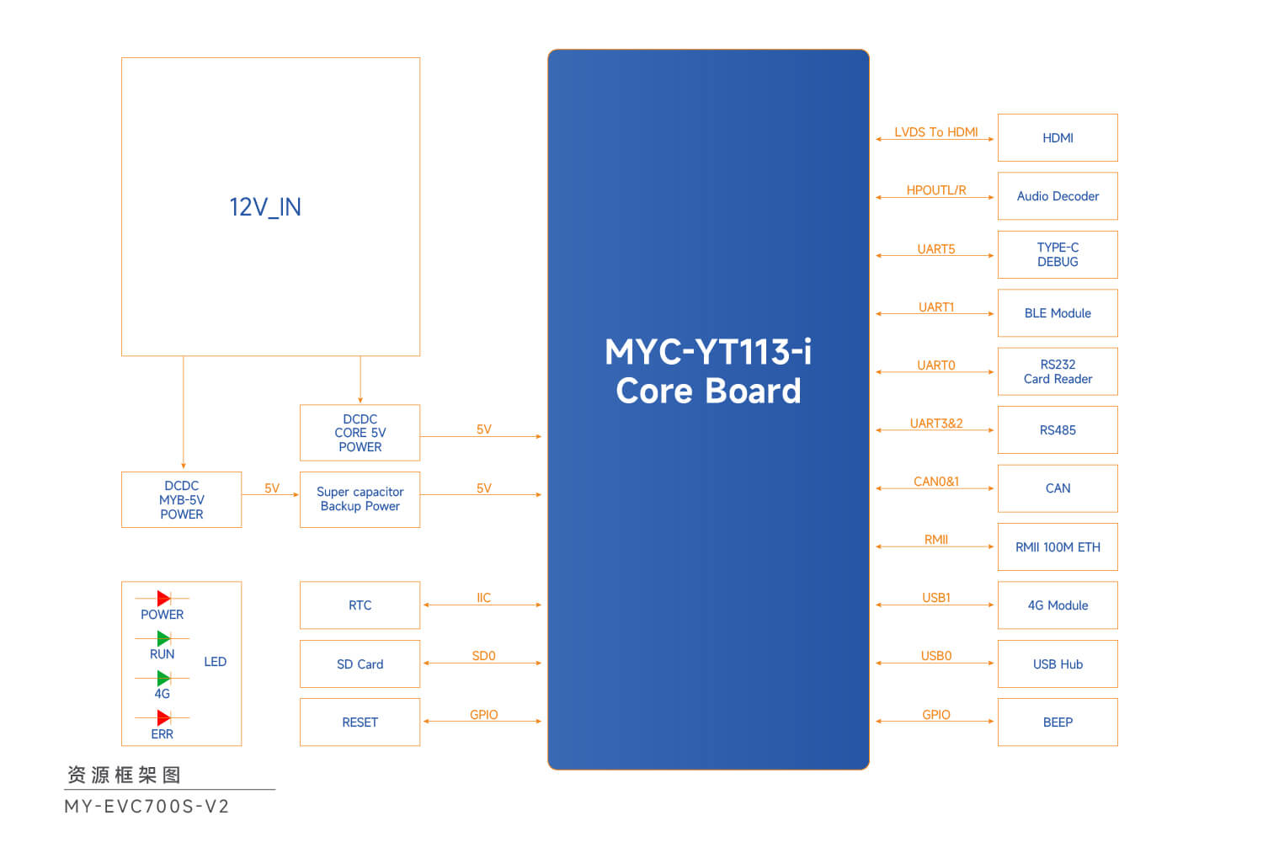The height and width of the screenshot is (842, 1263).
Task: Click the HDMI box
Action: point(1058,138)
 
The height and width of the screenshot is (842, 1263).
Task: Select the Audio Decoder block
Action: point(1058,196)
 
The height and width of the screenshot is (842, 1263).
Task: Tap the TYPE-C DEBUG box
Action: point(1058,254)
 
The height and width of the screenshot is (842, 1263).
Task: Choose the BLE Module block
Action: point(1058,313)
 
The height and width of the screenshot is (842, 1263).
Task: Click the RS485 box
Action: point(1058,430)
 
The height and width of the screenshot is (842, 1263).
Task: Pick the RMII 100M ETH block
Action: point(1058,547)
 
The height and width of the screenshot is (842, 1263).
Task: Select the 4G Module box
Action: point(1058,605)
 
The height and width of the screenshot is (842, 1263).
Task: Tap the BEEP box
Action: point(1058,722)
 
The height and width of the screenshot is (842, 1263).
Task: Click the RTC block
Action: point(360,605)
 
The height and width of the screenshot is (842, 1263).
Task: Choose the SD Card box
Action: point(360,664)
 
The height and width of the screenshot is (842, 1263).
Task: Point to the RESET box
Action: point(360,722)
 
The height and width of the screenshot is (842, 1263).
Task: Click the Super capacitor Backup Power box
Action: point(360,499)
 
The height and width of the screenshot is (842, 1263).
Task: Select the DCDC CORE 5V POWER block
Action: point(360,433)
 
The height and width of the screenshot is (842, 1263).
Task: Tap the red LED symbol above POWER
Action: point(163,599)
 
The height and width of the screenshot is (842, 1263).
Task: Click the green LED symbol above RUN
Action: point(163,638)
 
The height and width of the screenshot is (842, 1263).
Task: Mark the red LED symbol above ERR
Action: point(163,718)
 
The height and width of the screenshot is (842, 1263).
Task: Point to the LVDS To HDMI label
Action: point(935,132)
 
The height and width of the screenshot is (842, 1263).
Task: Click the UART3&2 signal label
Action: point(935,424)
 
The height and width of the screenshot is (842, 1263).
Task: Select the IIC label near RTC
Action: point(483,598)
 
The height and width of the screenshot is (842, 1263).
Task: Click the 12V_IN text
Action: point(265,207)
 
